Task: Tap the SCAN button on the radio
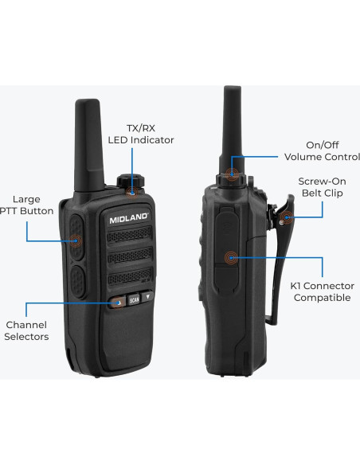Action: [134, 302]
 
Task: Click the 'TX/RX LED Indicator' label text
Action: [140, 134]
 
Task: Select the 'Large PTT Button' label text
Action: [29, 205]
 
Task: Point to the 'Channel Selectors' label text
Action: [27, 330]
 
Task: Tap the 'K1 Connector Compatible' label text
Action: [322, 291]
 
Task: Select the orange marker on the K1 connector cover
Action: [231, 256]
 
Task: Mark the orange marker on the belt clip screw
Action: [284, 216]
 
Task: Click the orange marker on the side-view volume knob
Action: [231, 174]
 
